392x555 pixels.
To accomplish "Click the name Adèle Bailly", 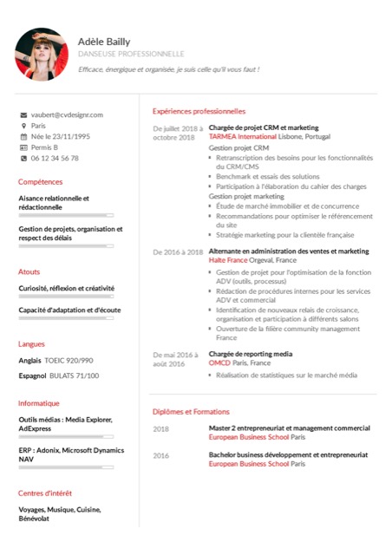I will click(x=106, y=41).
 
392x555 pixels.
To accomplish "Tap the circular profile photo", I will click(x=42, y=54).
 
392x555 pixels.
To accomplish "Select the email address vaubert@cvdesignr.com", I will click(x=67, y=114).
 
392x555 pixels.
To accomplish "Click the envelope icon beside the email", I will click(x=23, y=114).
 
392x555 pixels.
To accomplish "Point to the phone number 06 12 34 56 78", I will click(x=55, y=159).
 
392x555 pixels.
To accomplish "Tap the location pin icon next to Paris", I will click(x=23, y=126).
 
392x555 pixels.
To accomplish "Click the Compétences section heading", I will click(x=41, y=182).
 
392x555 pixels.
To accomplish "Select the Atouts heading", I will click(x=29, y=271).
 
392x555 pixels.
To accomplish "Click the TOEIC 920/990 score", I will click(x=69, y=360).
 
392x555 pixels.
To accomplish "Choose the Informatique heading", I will click(x=39, y=403).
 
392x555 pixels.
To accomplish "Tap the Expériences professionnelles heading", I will click(x=199, y=111).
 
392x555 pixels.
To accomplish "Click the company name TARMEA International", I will click(x=243, y=137).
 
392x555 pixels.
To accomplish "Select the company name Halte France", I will click(x=228, y=260).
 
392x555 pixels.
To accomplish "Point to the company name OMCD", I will click(x=219, y=363).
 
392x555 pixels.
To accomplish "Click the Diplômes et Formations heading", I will click(x=191, y=412).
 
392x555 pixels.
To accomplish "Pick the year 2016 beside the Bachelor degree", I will click(x=161, y=455).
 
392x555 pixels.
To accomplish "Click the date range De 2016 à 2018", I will click(x=178, y=251).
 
